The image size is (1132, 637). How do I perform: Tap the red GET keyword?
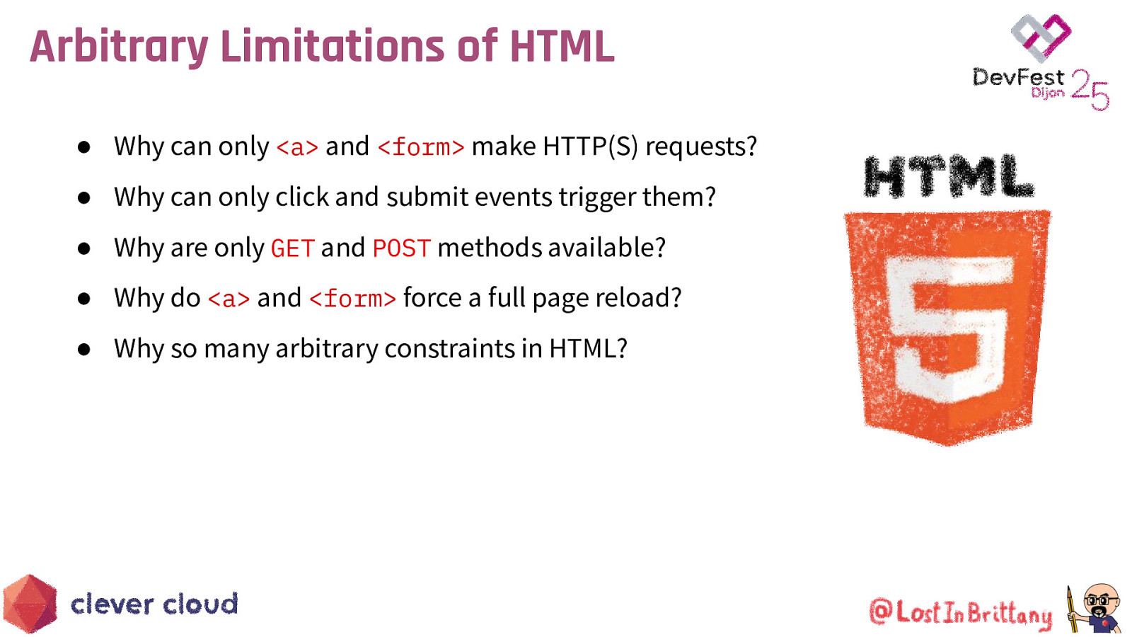pyautogui.click(x=292, y=248)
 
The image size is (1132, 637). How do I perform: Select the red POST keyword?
pyautogui.click(x=401, y=248)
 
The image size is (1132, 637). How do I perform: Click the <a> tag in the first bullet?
pyautogui.click(x=297, y=147)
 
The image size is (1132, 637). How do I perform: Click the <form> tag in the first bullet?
pyautogui.click(x=421, y=147)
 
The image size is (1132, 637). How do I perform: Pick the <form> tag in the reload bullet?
pyautogui.click(x=352, y=299)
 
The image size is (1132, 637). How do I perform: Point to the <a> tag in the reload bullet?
pyautogui.click(x=229, y=299)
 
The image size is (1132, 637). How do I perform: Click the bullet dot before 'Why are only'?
pyautogui.click(x=84, y=248)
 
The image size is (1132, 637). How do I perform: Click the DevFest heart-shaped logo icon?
pyautogui.click(x=1041, y=37)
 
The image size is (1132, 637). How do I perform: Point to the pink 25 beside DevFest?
pyautogui.click(x=1090, y=90)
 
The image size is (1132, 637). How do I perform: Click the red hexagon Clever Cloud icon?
pyautogui.click(x=30, y=604)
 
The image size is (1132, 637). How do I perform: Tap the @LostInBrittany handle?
pyautogui.click(x=960, y=612)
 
